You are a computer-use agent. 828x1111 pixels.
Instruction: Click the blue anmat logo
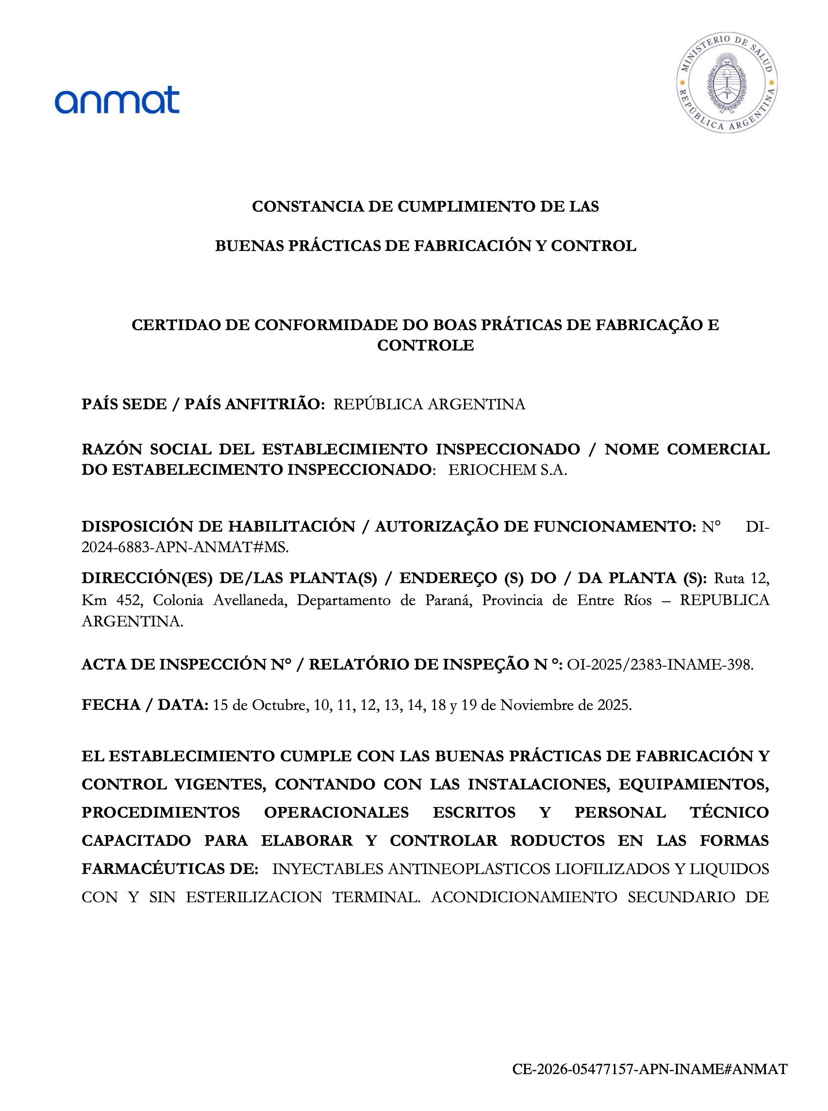pyautogui.click(x=117, y=100)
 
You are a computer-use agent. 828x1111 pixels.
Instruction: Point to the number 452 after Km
pyautogui.click(x=130, y=600)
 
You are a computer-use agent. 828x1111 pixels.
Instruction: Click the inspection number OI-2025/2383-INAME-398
pyautogui.click(x=660, y=665)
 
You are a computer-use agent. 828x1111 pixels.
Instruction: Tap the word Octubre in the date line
pyautogui.click(x=280, y=705)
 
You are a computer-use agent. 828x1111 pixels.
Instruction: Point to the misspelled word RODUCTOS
pyautogui.click(x=557, y=841)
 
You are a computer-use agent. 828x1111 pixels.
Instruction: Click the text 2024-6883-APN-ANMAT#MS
pyautogui.click(x=185, y=547)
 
